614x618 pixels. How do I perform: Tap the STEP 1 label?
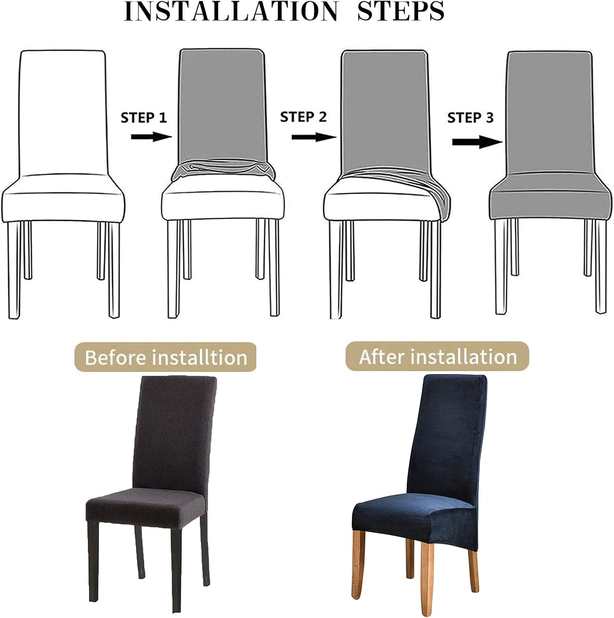pyautogui.click(x=144, y=118)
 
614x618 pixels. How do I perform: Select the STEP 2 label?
pyautogui.click(x=303, y=117)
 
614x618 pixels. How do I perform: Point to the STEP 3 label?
pyautogui.click(x=470, y=118)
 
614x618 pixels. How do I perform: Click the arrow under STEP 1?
pyautogui.click(x=151, y=137)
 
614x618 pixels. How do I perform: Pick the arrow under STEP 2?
pyautogui.click(x=314, y=137)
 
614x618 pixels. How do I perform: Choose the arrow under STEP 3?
pyautogui.click(x=477, y=142)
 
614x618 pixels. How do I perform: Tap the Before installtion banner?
pyautogui.click(x=166, y=357)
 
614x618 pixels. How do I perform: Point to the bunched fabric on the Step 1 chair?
pyautogui.click(x=223, y=170)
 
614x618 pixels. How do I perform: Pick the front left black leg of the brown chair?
pyautogui.click(x=94, y=560)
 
